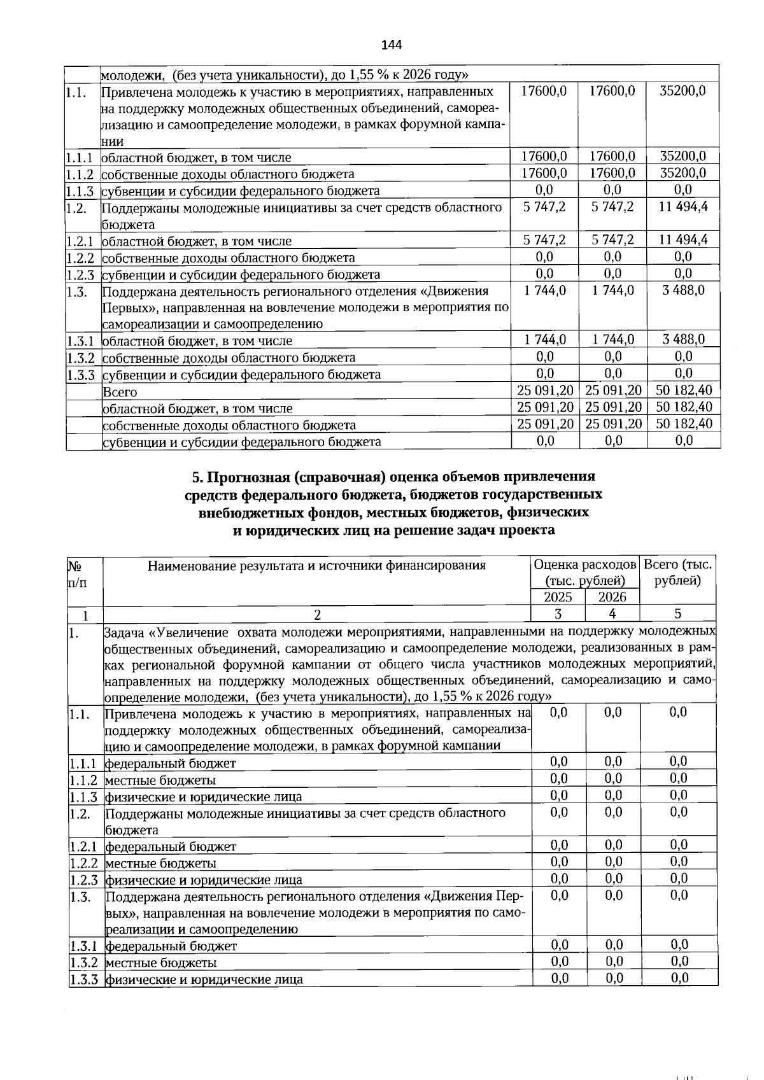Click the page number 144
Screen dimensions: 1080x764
(392, 45)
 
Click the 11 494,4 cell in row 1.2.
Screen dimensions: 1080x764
(683, 206)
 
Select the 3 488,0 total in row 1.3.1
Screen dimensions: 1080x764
(683, 339)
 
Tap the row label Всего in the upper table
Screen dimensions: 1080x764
(120, 392)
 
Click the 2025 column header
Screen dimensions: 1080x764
(558, 597)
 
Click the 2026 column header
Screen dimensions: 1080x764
(612, 597)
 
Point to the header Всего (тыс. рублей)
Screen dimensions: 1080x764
(678, 572)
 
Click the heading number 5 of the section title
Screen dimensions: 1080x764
(196, 477)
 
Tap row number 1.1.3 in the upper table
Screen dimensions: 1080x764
(80, 190)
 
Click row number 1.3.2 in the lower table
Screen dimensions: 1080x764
(83, 962)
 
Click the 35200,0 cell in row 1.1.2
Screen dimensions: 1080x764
(683, 173)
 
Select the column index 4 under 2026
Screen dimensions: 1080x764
(612, 614)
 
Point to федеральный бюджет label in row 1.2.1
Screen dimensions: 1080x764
(171, 846)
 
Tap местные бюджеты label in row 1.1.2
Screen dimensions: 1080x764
(160, 780)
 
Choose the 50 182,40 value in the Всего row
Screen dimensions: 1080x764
(684, 389)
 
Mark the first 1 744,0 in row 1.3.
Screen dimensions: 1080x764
(544, 290)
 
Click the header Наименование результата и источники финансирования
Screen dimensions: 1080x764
(316, 565)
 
